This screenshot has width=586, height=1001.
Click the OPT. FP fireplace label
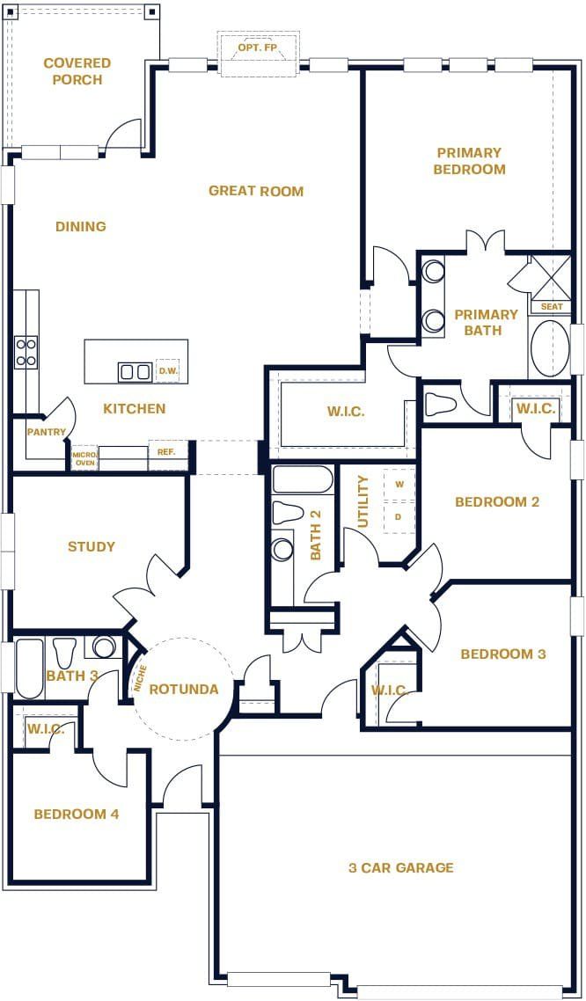[257, 47]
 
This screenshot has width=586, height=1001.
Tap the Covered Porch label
[77, 71]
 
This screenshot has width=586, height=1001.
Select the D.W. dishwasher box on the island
[167, 371]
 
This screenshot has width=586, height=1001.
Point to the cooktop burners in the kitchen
[26, 352]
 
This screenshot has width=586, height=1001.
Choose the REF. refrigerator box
[166, 452]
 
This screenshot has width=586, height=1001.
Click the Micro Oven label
[84, 458]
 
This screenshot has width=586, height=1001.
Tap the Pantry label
[47, 432]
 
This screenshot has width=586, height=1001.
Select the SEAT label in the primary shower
[552, 307]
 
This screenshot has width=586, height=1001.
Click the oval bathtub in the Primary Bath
[551, 348]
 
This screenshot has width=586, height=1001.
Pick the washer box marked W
[399, 485]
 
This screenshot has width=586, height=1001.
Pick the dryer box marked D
[399, 516]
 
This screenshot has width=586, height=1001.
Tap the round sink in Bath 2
[282, 550]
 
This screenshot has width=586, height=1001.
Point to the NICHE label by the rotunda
[138, 678]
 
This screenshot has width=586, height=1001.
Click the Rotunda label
[183, 689]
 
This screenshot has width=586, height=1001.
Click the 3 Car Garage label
[400, 867]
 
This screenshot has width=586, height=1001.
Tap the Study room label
[92, 546]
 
